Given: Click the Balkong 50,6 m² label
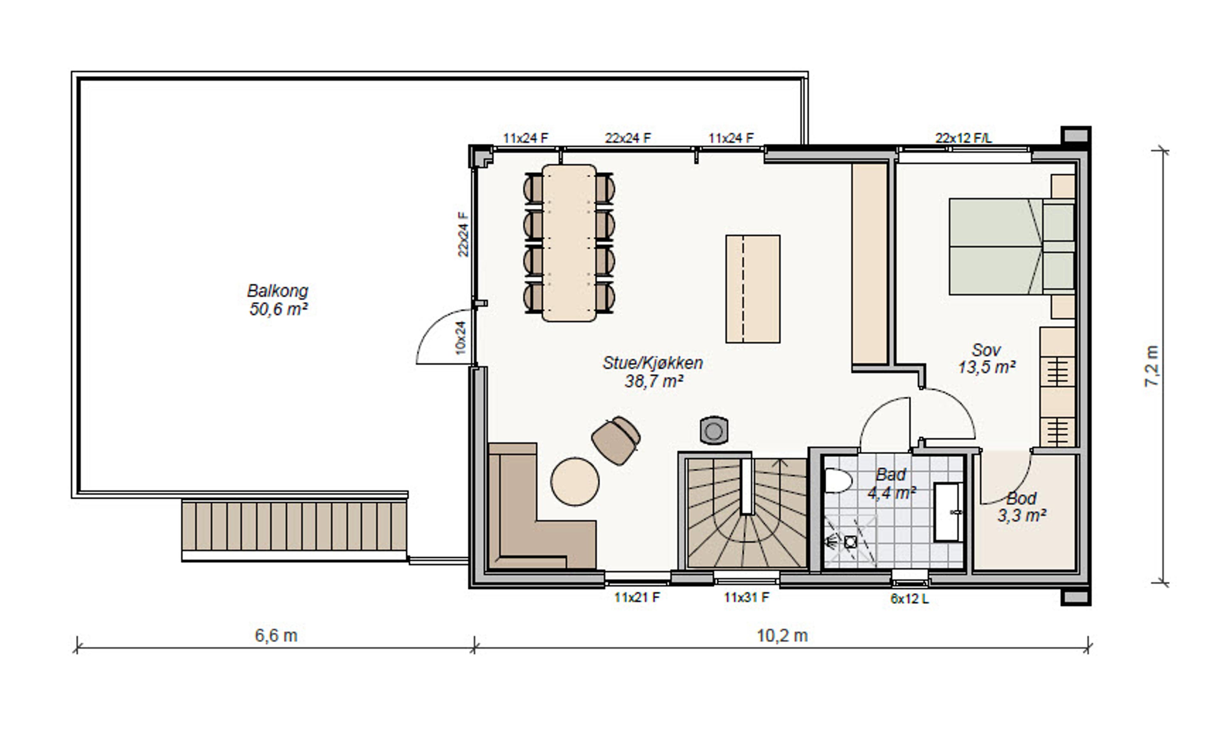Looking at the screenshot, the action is [x=278, y=300].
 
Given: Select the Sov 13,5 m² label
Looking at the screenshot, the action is [x=987, y=359].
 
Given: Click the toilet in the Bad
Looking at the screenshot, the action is [x=838, y=481].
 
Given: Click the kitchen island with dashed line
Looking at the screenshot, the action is [x=753, y=289].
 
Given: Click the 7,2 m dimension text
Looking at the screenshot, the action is [x=1152, y=366].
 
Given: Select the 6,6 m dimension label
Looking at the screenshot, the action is [x=276, y=636].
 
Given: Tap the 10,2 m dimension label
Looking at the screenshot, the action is [x=782, y=636].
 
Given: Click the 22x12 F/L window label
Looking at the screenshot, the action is [x=963, y=138].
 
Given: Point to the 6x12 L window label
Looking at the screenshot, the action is [x=910, y=599].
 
